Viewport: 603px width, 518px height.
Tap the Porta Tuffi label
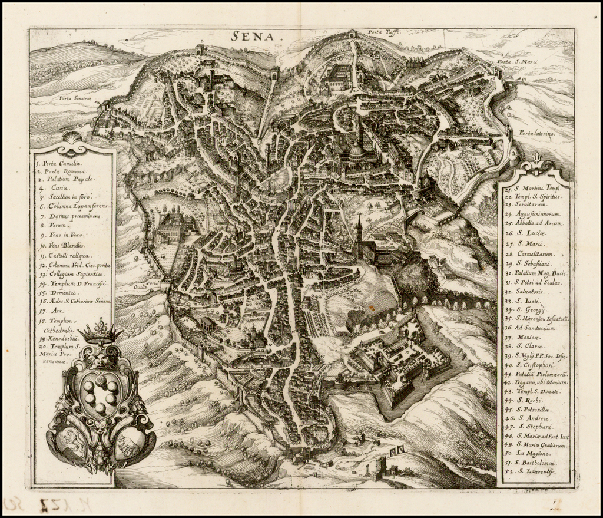point(383,32)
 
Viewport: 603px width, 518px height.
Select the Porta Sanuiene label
point(75,98)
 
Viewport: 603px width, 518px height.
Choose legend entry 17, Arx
point(52,310)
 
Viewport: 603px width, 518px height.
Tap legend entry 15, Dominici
point(58,292)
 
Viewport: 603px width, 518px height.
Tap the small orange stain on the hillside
point(372,306)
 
